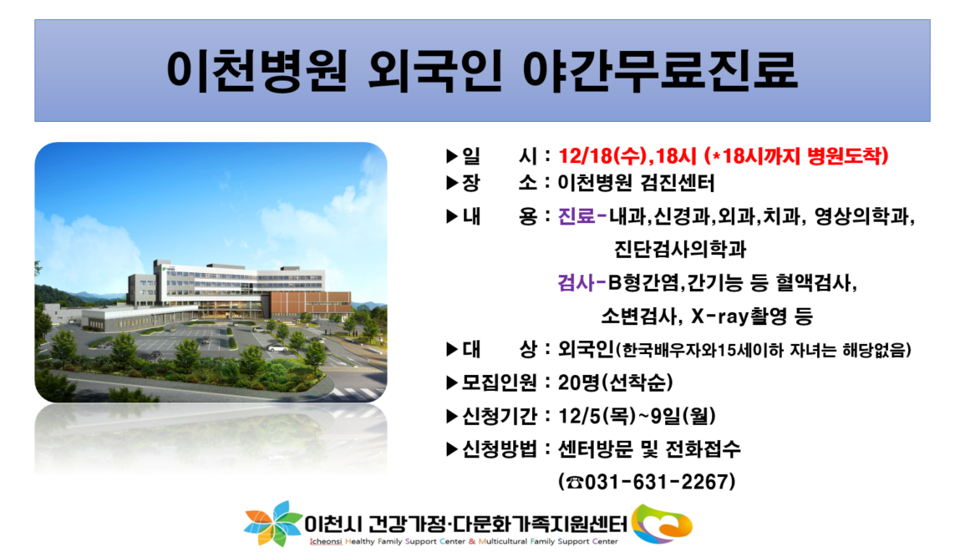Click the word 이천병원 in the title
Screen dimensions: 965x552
(257, 71)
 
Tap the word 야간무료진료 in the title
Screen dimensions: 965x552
(660, 71)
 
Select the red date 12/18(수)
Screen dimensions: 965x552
(604, 155)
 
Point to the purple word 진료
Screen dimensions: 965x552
(576, 216)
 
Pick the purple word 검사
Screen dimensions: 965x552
(576, 282)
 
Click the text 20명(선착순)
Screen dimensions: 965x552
(615, 382)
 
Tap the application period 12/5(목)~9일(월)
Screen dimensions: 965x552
(637, 416)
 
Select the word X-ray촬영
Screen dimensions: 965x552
(739, 317)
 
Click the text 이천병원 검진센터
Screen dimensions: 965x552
(637, 183)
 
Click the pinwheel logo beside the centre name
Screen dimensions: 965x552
(272, 524)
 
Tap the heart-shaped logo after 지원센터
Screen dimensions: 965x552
(663, 524)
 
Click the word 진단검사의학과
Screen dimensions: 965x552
(680, 249)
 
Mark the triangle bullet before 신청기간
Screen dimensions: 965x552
(452, 417)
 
